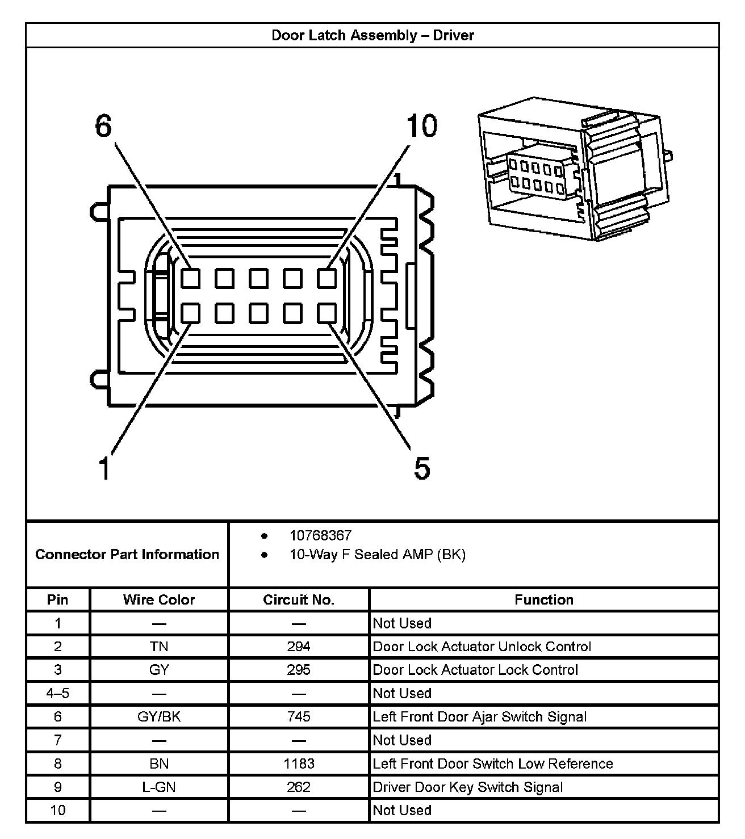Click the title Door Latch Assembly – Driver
[x=372, y=35]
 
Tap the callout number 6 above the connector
[x=103, y=126]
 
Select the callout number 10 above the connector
[x=421, y=126]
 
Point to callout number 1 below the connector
[x=104, y=469]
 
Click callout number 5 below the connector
[x=422, y=469]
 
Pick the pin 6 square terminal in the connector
[x=191, y=278]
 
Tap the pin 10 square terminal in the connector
[x=327, y=278]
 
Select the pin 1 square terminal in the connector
[x=191, y=313]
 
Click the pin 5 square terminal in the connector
[x=327, y=313]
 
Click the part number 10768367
[x=320, y=535]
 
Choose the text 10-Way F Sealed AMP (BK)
[x=377, y=555]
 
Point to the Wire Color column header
[x=159, y=600]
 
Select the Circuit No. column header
[x=299, y=600]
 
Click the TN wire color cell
[x=159, y=647]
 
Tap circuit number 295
[x=299, y=670]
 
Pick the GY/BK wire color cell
[x=159, y=716]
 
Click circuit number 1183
[x=299, y=764]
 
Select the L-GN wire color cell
[x=159, y=787]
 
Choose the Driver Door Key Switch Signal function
[x=468, y=787]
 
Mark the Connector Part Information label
[x=127, y=555]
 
